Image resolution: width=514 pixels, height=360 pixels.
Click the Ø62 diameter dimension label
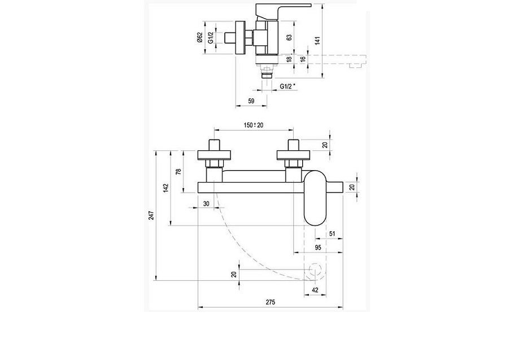pos(200,38)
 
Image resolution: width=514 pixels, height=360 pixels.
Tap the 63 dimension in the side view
pos(289,37)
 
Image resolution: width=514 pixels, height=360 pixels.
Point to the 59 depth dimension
pos(252,101)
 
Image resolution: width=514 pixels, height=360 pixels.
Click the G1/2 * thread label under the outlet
pos(289,86)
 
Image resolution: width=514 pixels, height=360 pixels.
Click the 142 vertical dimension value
pos(166,188)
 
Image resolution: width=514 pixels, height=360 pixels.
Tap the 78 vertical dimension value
pos(178,171)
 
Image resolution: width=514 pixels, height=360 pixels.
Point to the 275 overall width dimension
pos(270,303)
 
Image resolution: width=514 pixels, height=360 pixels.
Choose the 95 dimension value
pos(318,248)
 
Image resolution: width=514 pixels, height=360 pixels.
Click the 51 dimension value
pos(332,233)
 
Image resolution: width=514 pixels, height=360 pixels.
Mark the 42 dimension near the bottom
pos(315,290)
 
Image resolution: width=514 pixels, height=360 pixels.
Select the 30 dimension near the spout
pos(206,203)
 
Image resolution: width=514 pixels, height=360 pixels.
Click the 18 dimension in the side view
pos(289,59)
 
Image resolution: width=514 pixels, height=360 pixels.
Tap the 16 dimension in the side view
pos(303,59)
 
